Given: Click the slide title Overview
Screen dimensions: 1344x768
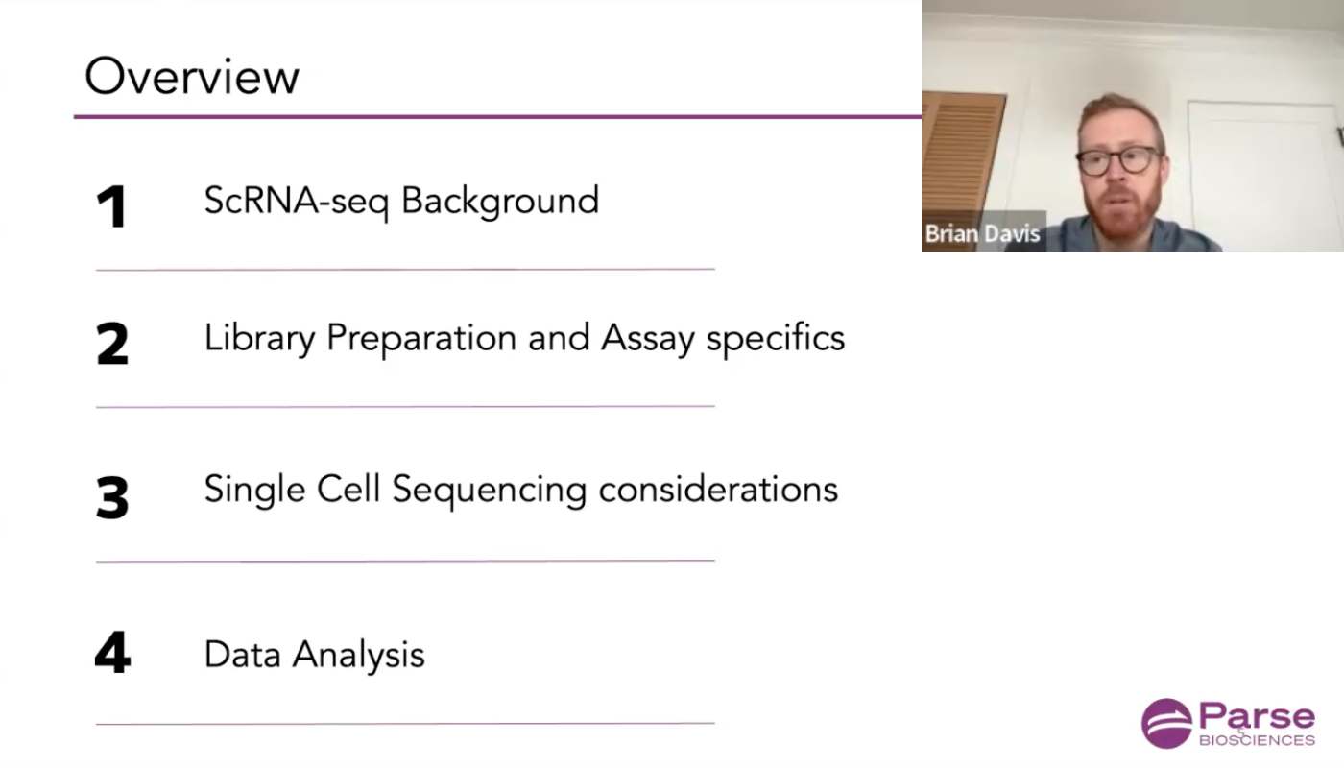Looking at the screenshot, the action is pyautogui.click(x=192, y=76).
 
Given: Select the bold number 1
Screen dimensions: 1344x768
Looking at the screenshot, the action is pyautogui.click(x=112, y=206).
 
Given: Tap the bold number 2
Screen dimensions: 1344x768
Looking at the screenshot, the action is pyautogui.click(x=112, y=344).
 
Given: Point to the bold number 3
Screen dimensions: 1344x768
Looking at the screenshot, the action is pyautogui.click(x=112, y=497).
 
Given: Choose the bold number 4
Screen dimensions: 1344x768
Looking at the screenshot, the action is pyautogui.click(x=113, y=652).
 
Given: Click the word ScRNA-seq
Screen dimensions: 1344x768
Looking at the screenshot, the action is pyautogui.click(x=297, y=202).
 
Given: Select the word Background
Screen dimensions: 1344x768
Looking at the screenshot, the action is pyautogui.click(x=500, y=202).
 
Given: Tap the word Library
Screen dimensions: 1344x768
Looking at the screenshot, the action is pyautogui.click(x=260, y=339).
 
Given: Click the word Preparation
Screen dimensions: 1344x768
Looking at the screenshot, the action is pyautogui.click(x=421, y=339).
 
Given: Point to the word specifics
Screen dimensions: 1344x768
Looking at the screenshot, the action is pyautogui.click(x=776, y=338).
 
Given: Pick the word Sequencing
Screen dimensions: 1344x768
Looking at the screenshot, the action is pyautogui.click(x=490, y=491).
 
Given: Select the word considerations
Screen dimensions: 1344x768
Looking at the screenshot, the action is pyautogui.click(x=718, y=490).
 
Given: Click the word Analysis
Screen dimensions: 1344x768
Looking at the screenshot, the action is pyautogui.click(x=359, y=655).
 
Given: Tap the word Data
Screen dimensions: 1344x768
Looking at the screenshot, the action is pyautogui.click(x=243, y=654).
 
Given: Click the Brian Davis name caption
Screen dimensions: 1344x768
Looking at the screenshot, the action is pyautogui.click(x=983, y=233).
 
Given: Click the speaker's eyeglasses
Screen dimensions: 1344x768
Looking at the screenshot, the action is pyautogui.click(x=1119, y=161).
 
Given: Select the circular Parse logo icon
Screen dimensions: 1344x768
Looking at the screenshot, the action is pyautogui.click(x=1166, y=723).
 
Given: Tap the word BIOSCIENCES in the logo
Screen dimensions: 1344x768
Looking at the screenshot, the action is pyautogui.click(x=1257, y=740).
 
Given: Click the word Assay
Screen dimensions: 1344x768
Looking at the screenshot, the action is pyautogui.click(x=648, y=339).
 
